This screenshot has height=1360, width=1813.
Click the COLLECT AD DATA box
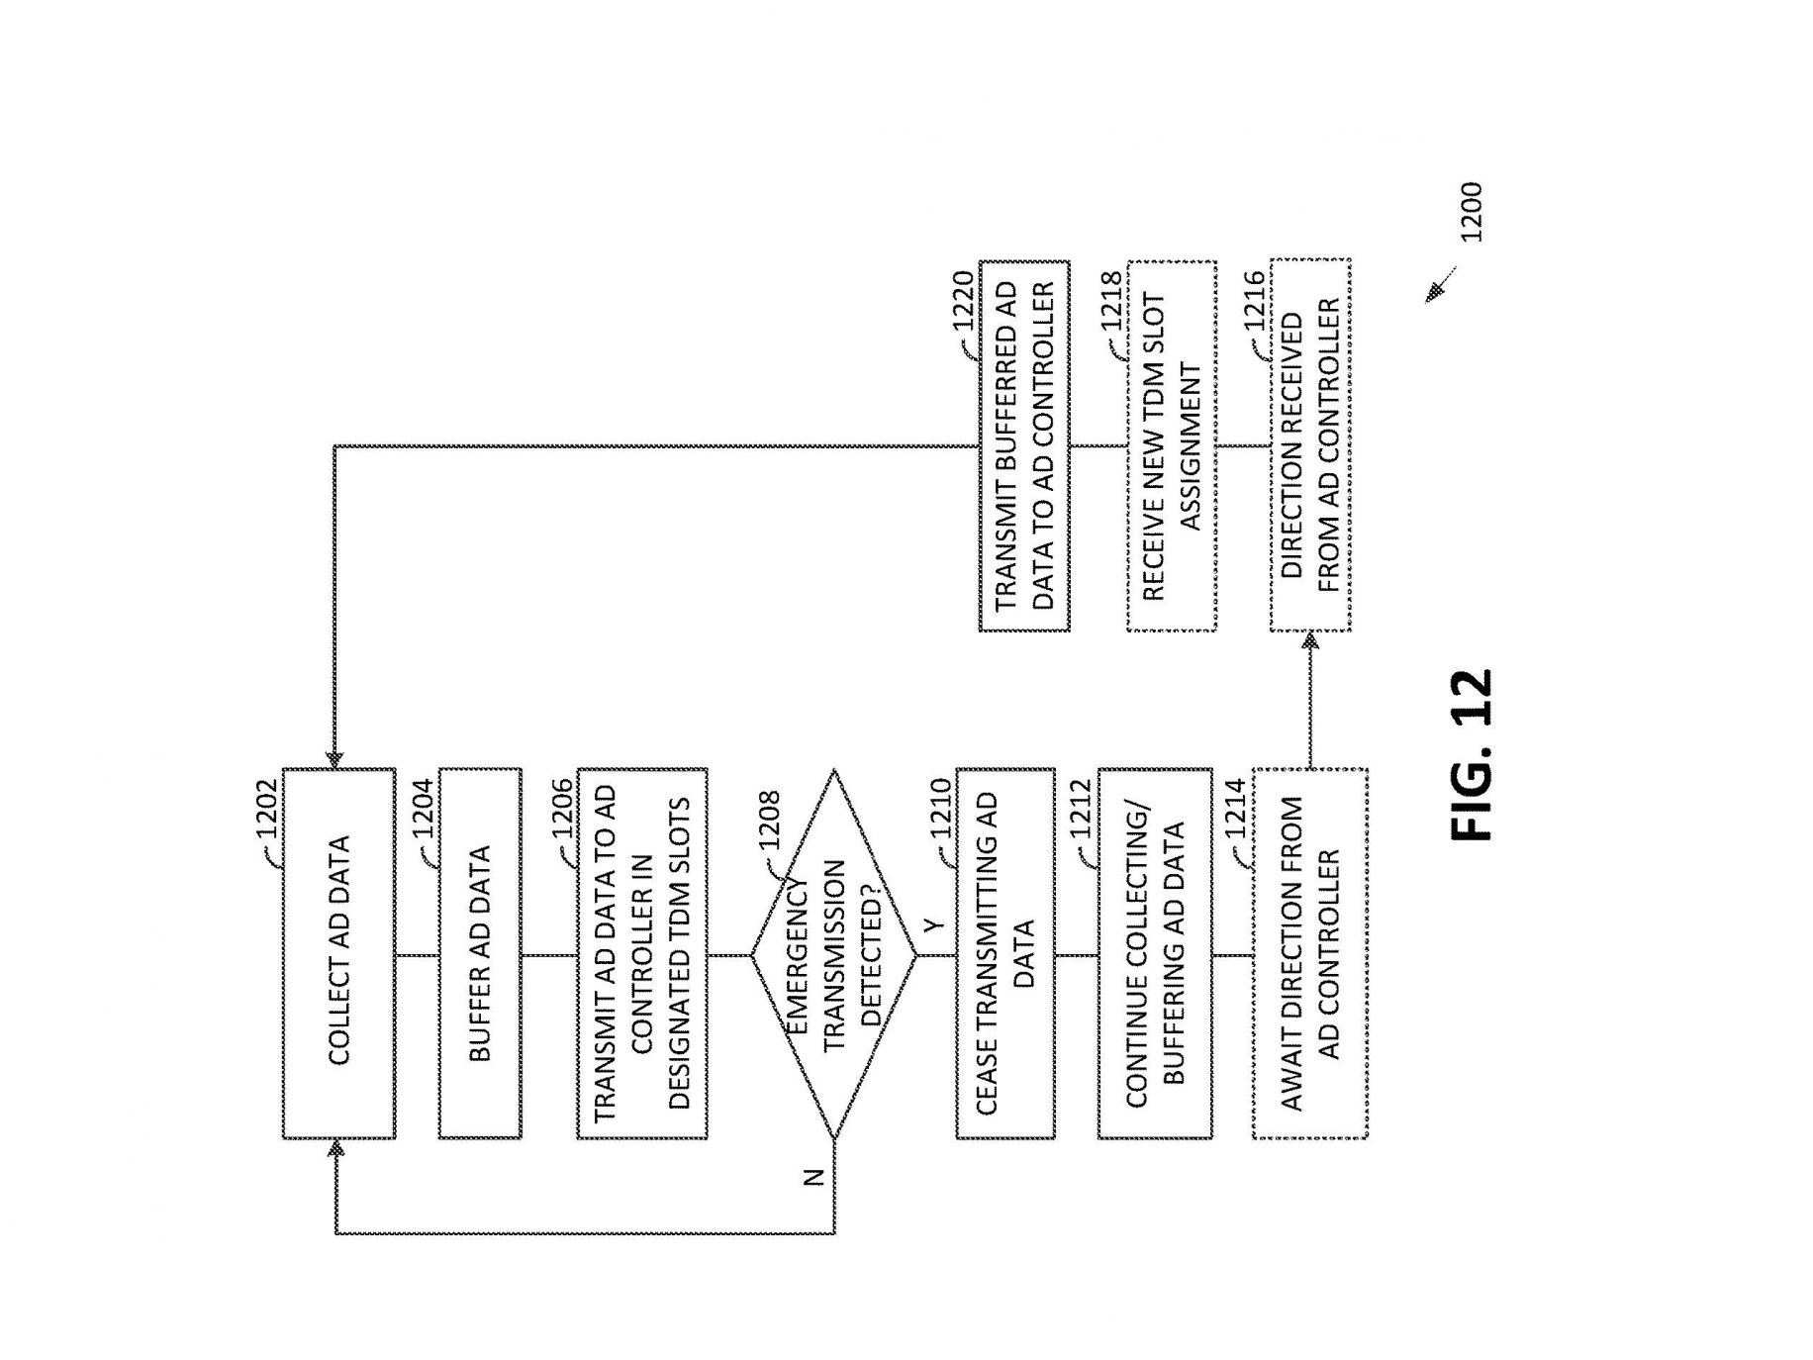click(338, 953)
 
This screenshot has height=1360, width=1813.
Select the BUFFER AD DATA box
click(480, 953)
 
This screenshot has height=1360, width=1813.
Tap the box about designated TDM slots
click(642, 953)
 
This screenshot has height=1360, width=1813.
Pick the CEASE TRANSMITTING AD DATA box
click(1004, 953)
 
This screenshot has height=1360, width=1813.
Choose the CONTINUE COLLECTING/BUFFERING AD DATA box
click(1155, 953)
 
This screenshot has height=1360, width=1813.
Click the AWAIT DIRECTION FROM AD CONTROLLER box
click(1310, 953)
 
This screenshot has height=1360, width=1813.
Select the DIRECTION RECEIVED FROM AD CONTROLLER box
click(1310, 445)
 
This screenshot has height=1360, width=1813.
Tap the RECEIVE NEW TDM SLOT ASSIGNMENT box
click(1172, 445)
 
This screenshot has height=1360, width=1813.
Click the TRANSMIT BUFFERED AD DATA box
click(1024, 445)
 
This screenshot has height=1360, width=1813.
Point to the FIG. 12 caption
click(1471, 755)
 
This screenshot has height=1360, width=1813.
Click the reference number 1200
click(1471, 212)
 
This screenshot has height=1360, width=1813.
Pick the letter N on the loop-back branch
click(813, 1177)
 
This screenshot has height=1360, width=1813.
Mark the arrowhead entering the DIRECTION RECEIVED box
click(1310, 640)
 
